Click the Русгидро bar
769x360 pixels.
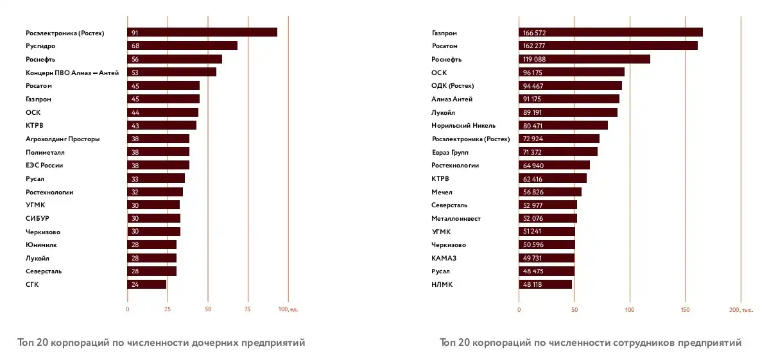click(182, 46)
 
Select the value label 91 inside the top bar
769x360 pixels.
click(134, 33)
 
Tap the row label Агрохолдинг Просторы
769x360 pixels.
click(62, 139)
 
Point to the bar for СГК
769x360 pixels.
click(147, 284)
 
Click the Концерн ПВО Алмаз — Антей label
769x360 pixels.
click(72, 73)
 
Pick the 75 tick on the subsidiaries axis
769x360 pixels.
click(248, 309)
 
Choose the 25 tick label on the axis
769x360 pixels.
click(168, 309)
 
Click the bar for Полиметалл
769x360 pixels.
click(159, 152)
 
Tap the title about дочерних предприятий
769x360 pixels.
click(161, 343)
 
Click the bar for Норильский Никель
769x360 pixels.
click(563, 125)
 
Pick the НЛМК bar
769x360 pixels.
click(545, 284)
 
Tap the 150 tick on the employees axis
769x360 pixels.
click(685, 309)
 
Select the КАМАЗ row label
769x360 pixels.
click(444, 258)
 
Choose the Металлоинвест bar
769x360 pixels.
click(548, 218)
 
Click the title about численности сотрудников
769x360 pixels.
click(591, 343)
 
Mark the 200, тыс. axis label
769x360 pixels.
click(741, 309)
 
